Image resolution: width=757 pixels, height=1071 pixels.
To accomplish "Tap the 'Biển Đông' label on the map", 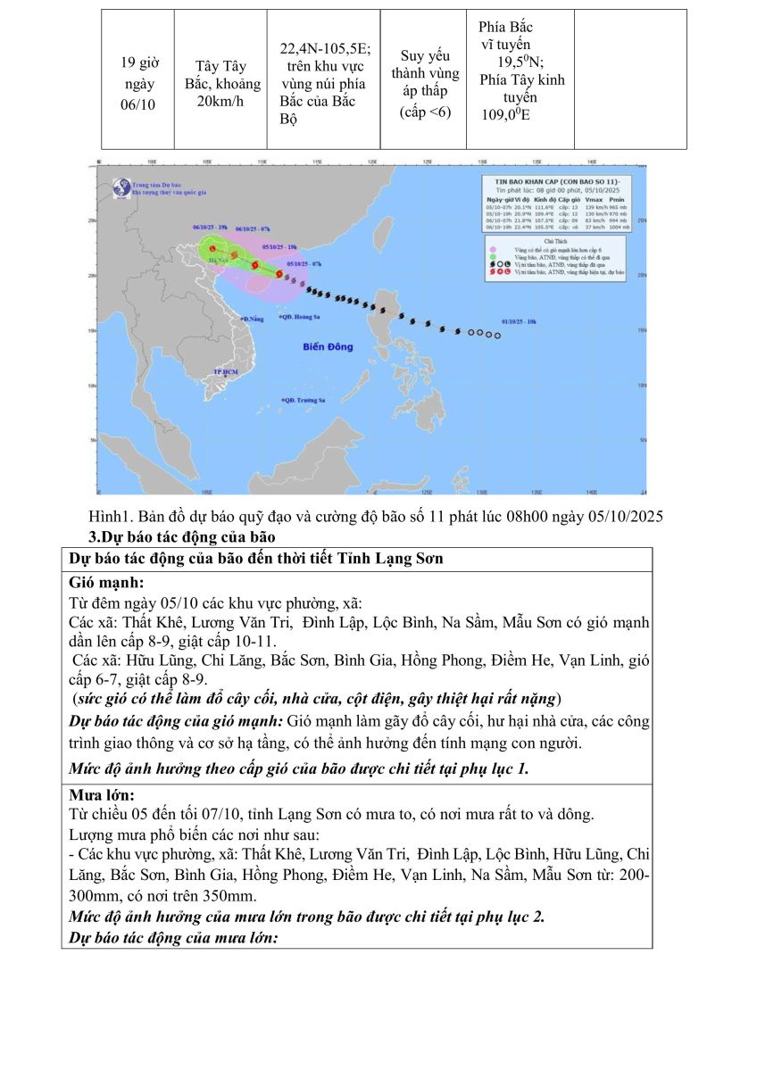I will [x=328, y=346].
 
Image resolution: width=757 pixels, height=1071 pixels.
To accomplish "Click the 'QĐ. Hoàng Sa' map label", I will [x=304, y=317].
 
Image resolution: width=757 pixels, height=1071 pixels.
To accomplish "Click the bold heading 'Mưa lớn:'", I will [x=102, y=794].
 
